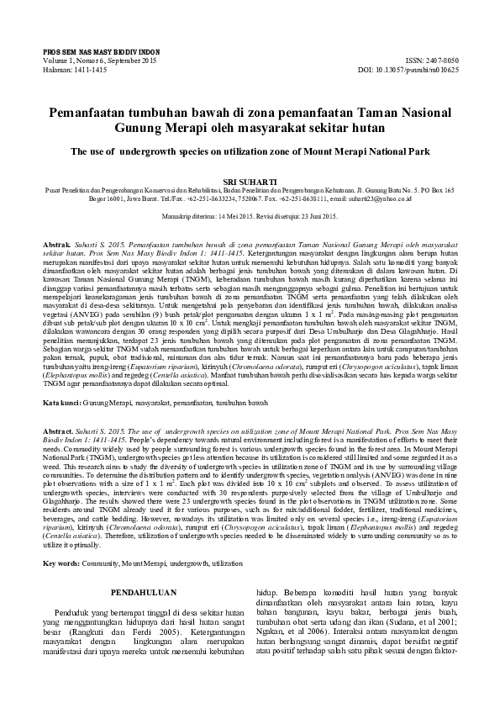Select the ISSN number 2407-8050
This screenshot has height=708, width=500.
tap(439, 61)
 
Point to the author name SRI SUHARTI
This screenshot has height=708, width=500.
tap(250, 180)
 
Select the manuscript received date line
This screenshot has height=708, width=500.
tap(250, 216)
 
